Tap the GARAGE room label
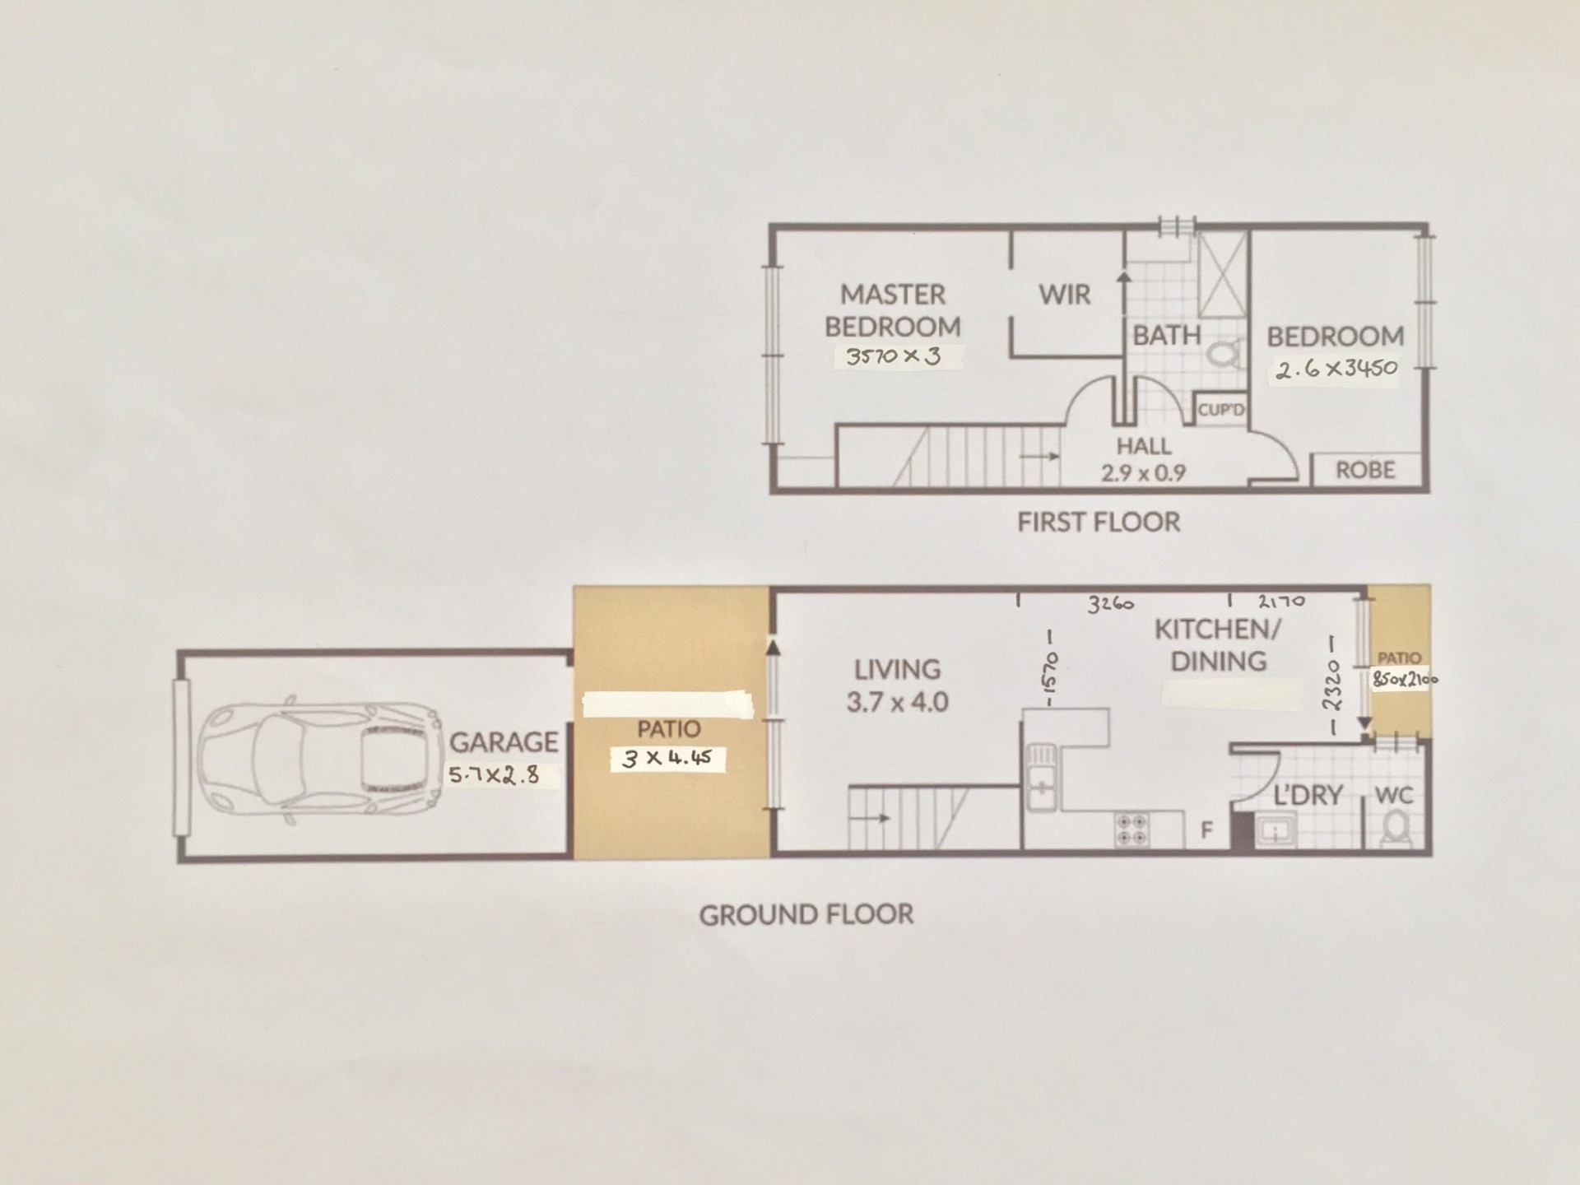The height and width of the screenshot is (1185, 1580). tap(504, 742)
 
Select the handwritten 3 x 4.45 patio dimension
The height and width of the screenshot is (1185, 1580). tap(667, 758)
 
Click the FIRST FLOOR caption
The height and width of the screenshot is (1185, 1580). tap(1099, 522)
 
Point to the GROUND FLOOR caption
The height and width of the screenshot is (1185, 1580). tap(806, 914)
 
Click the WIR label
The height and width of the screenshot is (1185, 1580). tap(1065, 295)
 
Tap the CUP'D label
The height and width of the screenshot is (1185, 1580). tap(1221, 409)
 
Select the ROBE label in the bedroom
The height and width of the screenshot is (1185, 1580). tap(1365, 470)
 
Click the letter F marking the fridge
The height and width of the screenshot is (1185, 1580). tap(1206, 831)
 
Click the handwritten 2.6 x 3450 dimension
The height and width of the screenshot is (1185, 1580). tap(1336, 368)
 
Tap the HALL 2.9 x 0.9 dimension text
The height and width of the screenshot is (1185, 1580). tap(1144, 473)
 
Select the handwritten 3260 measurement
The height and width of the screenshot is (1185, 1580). tap(1111, 604)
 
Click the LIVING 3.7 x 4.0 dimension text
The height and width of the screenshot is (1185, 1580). tap(898, 702)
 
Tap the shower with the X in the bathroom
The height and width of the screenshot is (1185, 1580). tap(1223, 275)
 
